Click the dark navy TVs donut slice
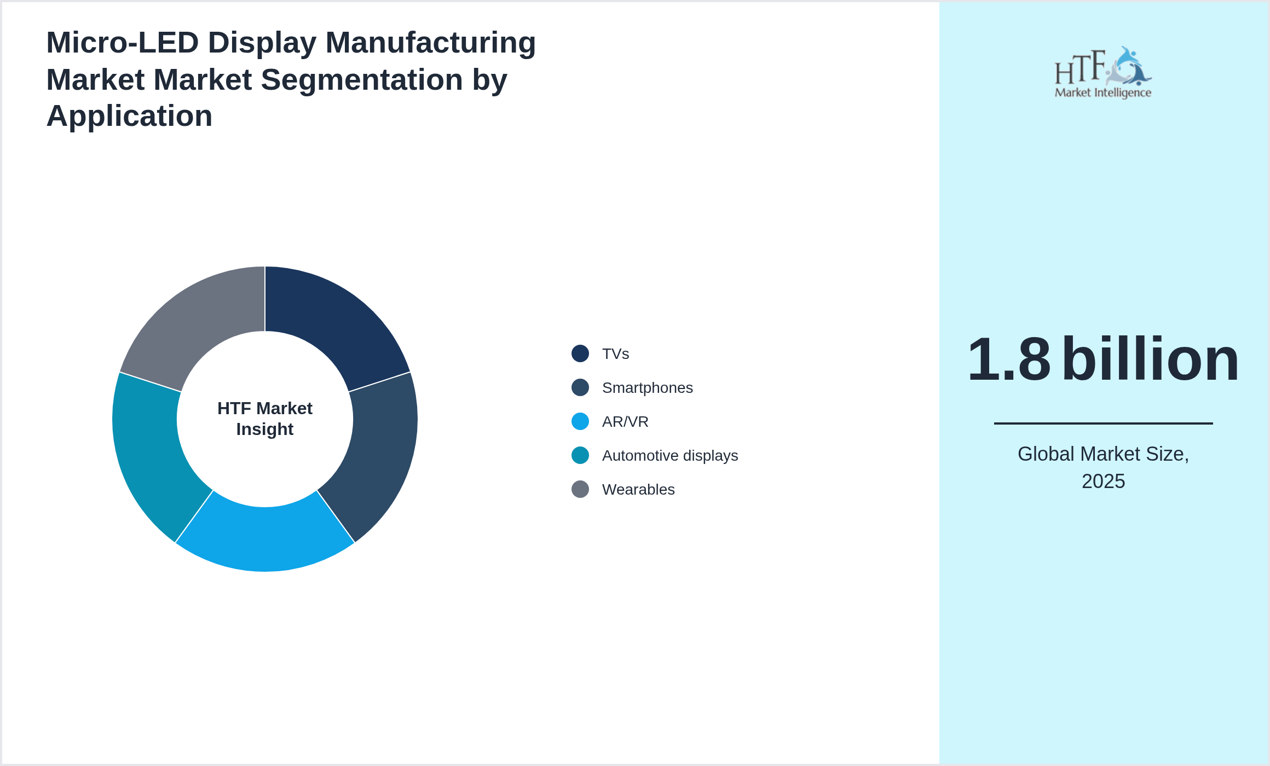(x=328, y=323)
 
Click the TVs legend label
(x=615, y=354)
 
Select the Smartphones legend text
(x=647, y=388)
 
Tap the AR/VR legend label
(x=625, y=422)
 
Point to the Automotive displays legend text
(x=669, y=456)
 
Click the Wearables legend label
(x=638, y=490)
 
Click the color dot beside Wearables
(x=580, y=489)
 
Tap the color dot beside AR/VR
(x=580, y=421)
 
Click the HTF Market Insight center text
(x=265, y=419)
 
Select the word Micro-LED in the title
(x=122, y=43)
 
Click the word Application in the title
(x=129, y=116)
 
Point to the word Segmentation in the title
(x=362, y=80)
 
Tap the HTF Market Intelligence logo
(x=1102, y=73)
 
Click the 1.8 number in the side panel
(x=1009, y=359)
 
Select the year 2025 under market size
(x=1103, y=481)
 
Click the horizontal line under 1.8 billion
(x=1103, y=423)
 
